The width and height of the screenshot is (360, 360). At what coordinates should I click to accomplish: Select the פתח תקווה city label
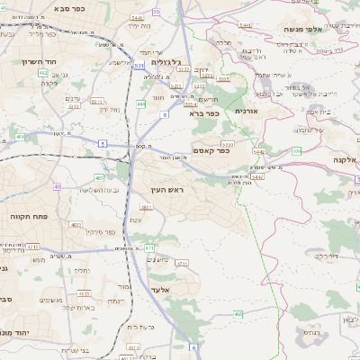click(29, 217)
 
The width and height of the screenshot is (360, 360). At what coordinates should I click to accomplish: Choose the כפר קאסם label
click(211, 150)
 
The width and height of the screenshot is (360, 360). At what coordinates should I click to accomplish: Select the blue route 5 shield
click(103, 143)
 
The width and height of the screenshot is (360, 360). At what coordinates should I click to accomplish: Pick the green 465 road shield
click(238, 313)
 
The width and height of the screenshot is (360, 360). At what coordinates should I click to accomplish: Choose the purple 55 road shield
click(156, 13)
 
